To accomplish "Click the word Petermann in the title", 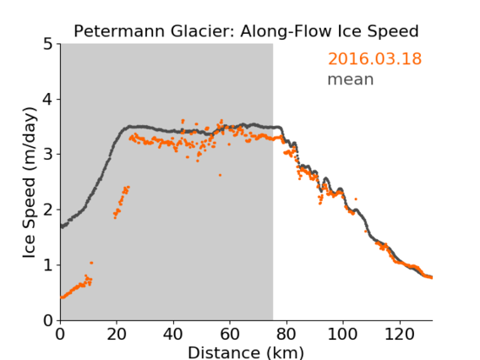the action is [120, 31].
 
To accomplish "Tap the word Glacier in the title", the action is [202, 31].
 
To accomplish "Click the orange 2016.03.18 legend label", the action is [374, 58].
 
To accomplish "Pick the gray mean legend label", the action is [351, 79].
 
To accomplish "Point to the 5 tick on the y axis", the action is [48, 45].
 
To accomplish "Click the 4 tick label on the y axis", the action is [48, 100].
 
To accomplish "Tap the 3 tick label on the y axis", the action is [48, 155].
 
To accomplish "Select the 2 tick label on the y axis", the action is [48, 210].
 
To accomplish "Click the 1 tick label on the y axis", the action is [48, 265].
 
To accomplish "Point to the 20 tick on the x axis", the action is [117, 334].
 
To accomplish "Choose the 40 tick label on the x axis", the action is [173, 334].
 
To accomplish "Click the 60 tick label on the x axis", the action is [230, 334].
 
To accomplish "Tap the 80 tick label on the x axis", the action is [286, 334].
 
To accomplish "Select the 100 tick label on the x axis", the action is [342, 334].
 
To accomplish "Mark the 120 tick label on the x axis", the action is [399, 334].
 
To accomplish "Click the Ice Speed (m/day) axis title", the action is [30, 183].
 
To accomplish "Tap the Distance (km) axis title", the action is [246, 352].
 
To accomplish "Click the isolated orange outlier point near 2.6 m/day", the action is [220, 175].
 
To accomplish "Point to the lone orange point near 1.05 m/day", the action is [91, 263].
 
